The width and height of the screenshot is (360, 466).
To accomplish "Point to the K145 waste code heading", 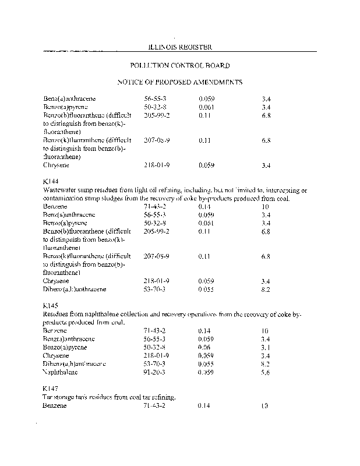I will pyautogui.click(x=51, y=305).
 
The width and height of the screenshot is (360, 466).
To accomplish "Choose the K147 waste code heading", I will pyautogui.click(x=51, y=388).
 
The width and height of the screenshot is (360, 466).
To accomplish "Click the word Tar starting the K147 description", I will pyautogui.click(x=48, y=397).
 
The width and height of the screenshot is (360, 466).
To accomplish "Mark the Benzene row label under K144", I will pyautogui.click(x=55, y=207).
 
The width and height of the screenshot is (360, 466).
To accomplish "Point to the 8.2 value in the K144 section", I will pyautogui.click(x=266, y=289).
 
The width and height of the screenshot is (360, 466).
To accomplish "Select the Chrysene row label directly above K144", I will pyautogui.click(x=57, y=165).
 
